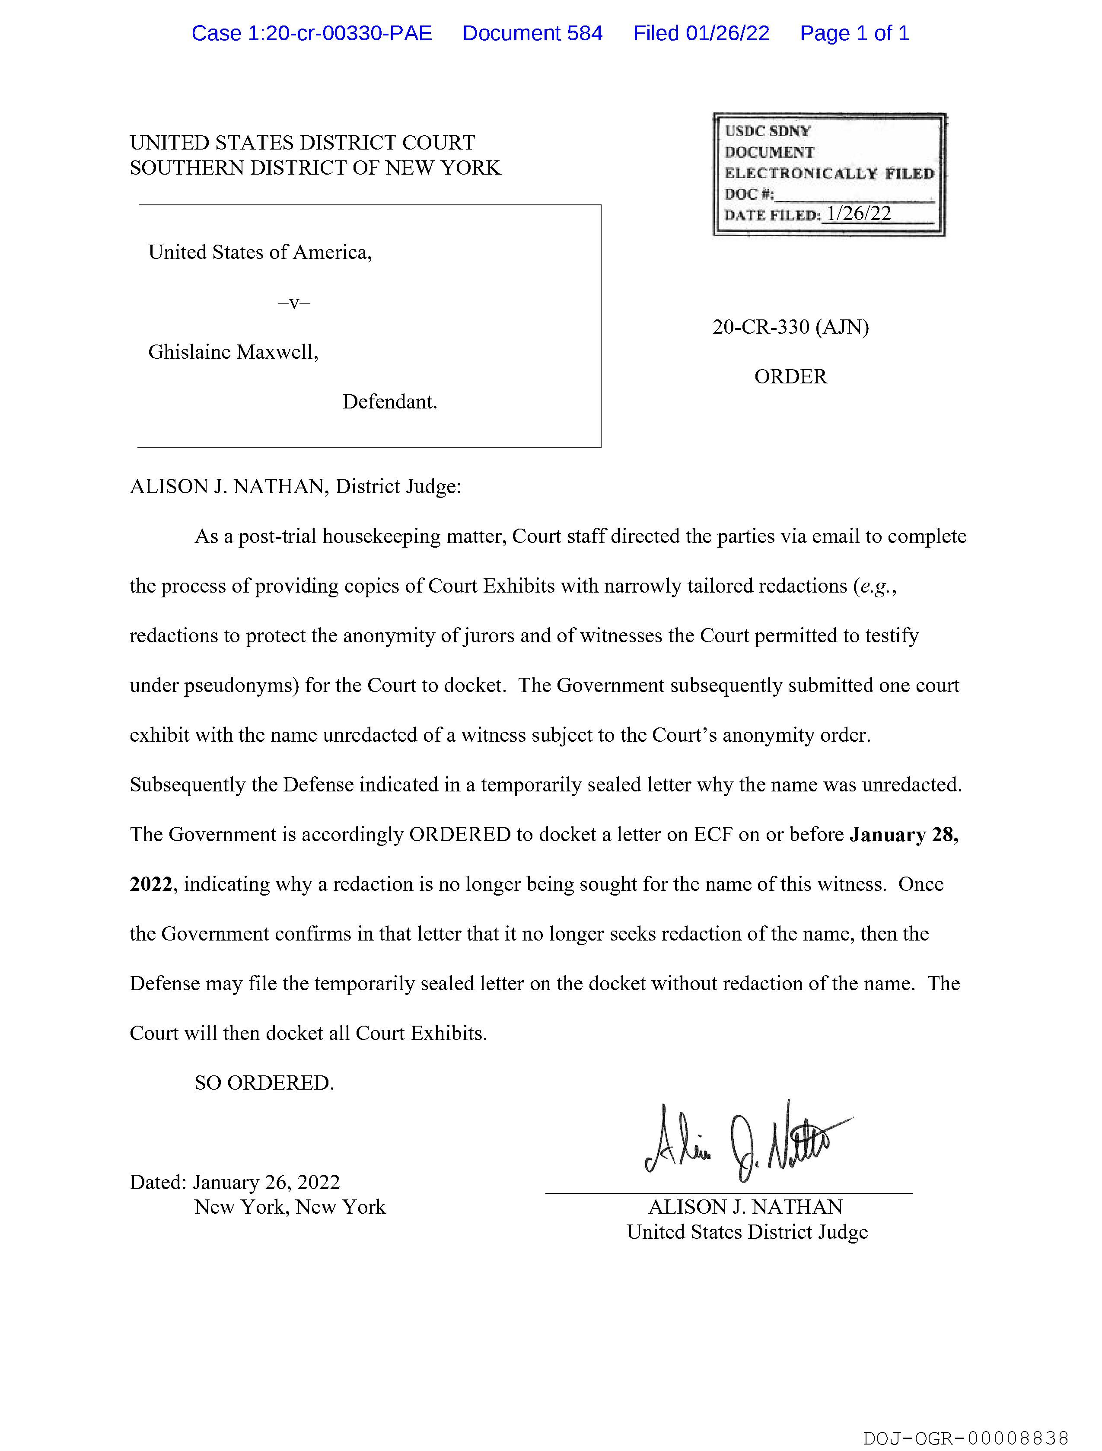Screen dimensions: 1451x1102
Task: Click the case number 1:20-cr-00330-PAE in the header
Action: pos(312,33)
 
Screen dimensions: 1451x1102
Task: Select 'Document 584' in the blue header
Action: pos(532,33)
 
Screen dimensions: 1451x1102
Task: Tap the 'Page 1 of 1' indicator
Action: pos(854,33)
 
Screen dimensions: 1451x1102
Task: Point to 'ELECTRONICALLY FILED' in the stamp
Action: pos(829,174)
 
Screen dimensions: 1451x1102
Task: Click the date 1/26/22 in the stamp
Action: pos(859,213)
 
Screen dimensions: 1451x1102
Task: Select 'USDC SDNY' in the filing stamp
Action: pos(768,131)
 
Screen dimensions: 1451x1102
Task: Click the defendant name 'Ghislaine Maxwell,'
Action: pos(233,352)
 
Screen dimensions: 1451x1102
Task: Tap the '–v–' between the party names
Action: pos(294,303)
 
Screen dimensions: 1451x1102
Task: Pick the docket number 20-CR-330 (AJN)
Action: pos(790,327)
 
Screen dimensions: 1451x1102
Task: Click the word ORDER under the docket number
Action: pos(790,376)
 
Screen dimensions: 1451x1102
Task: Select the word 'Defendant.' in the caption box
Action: pos(390,402)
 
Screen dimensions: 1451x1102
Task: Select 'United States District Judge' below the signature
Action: pos(746,1232)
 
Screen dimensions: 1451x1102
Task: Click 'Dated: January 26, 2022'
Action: pos(235,1182)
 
